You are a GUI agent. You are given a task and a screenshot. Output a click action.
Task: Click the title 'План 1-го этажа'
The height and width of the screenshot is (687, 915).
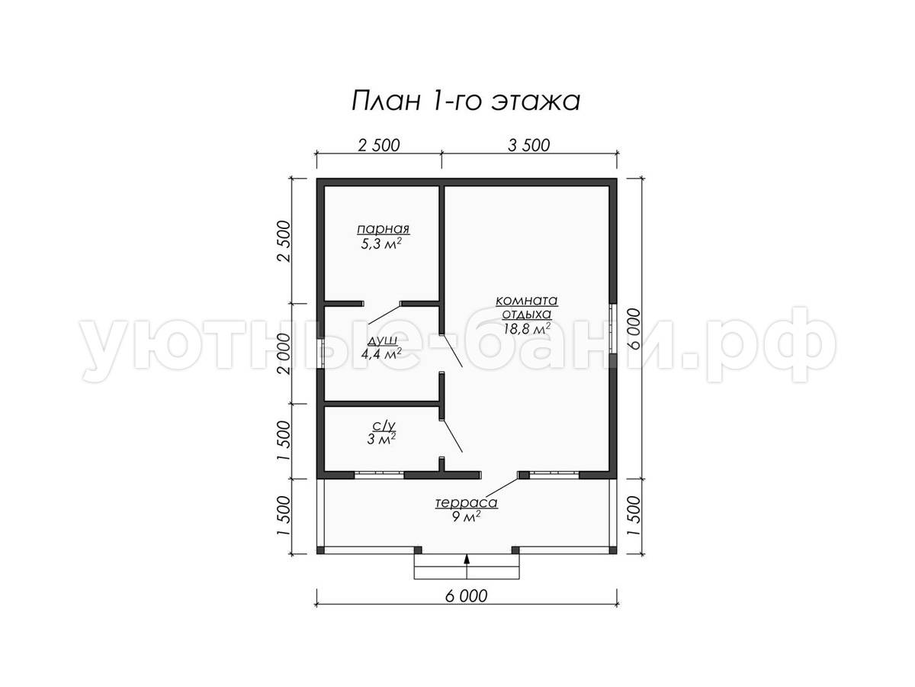(x=466, y=102)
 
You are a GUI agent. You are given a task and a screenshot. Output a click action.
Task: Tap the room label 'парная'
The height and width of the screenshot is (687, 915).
(x=383, y=229)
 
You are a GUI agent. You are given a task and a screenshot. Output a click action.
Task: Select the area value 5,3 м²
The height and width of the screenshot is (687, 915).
(x=381, y=244)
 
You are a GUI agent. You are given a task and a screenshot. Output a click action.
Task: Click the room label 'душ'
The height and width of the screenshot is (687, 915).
(x=382, y=341)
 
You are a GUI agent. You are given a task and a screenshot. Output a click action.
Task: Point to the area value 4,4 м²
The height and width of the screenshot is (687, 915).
(x=381, y=354)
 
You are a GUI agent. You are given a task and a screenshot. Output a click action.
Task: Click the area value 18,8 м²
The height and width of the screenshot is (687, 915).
(x=526, y=329)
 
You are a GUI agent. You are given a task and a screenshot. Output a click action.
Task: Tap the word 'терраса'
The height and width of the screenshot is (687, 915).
(x=467, y=502)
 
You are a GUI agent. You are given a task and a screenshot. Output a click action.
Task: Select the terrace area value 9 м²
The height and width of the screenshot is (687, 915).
(x=466, y=518)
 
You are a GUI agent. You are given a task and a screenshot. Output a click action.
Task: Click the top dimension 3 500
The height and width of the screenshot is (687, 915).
(x=529, y=145)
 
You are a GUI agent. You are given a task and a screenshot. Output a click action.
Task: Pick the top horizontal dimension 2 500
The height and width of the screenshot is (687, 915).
(x=379, y=145)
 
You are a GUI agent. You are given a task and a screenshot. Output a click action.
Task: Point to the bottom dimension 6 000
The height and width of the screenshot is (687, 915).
(x=466, y=596)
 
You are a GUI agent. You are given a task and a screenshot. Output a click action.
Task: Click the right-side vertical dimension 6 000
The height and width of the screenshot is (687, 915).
(x=634, y=329)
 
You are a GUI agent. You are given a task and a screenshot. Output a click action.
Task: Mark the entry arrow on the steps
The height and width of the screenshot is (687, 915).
(x=467, y=566)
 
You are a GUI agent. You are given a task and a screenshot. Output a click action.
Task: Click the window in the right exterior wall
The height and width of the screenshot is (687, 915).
(x=613, y=328)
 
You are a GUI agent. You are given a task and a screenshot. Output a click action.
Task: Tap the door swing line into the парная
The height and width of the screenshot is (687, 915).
(x=384, y=314)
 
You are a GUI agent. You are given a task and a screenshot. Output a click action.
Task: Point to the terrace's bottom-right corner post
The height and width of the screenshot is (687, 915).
(x=613, y=550)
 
